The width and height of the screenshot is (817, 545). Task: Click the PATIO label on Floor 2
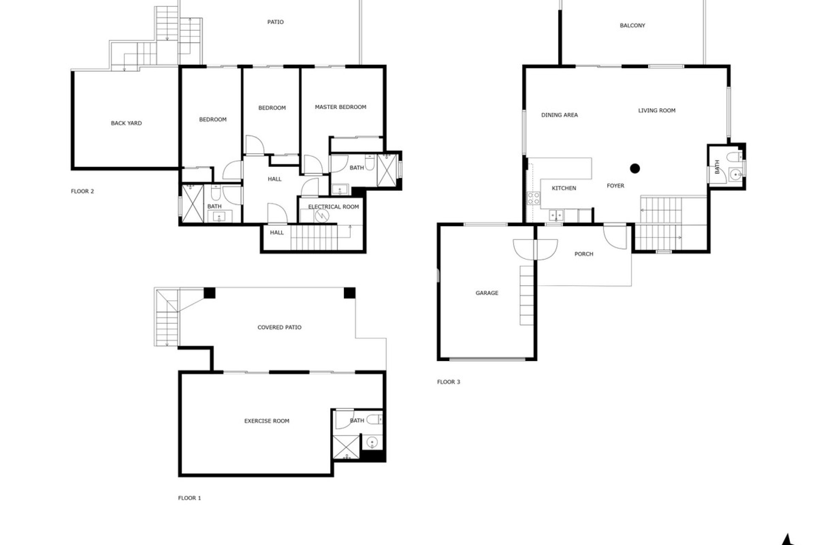pyautogui.click(x=275, y=22)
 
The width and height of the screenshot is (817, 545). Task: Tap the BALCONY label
pyautogui.click(x=632, y=26)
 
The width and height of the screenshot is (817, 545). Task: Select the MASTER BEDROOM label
pyautogui.click(x=340, y=107)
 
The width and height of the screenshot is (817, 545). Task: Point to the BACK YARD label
pyautogui.click(x=126, y=123)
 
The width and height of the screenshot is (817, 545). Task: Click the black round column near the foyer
pyautogui.click(x=635, y=169)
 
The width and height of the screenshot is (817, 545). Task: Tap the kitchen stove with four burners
pyautogui.click(x=534, y=198)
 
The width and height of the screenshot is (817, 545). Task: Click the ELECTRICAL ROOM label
pyautogui.click(x=333, y=207)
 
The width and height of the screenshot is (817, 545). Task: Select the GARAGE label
pyautogui.click(x=487, y=293)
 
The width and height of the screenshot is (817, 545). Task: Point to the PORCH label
pyautogui.click(x=584, y=254)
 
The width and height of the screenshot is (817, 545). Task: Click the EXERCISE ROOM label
pyautogui.click(x=267, y=421)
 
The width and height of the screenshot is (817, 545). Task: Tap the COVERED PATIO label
pyautogui.click(x=280, y=327)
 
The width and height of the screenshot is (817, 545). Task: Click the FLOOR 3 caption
pyautogui.click(x=448, y=382)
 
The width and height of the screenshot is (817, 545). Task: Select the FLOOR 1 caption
pyautogui.click(x=189, y=498)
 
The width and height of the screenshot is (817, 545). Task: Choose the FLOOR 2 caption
pyautogui.click(x=83, y=191)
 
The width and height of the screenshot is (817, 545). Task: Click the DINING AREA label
pyautogui.click(x=560, y=115)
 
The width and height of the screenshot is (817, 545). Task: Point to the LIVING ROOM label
pyautogui.click(x=657, y=110)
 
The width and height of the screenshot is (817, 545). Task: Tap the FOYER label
pyautogui.click(x=615, y=186)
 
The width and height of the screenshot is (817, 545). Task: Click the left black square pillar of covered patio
pyautogui.click(x=209, y=293)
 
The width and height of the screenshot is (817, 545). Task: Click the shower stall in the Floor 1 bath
pyautogui.click(x=346, y=447)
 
